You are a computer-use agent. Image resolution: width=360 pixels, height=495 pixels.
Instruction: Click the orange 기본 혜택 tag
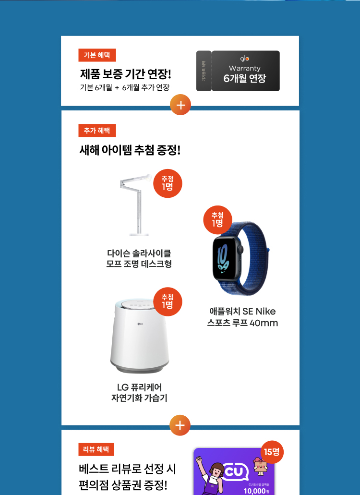tap(97, 55)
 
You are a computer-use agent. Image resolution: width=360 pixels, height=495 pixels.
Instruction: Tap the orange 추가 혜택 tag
tap(97, 131)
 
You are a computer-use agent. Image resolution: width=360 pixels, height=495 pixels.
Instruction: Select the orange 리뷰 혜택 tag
tap(96, 449)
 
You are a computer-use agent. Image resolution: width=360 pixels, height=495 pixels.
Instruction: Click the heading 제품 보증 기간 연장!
tap(125, 74)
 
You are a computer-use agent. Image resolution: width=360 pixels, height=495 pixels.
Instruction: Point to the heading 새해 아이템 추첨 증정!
tap(130, 150)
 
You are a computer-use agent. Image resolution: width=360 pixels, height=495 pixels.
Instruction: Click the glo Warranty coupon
tap(238, 71)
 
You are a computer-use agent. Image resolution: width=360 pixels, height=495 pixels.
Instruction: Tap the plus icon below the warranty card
tap(180, 106)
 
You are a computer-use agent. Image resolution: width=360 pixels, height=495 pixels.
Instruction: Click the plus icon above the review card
tap(180, 425)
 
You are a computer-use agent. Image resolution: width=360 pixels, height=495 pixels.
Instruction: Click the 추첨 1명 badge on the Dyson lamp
tap(168, 183)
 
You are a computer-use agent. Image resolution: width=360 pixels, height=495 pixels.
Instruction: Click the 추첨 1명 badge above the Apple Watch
tap(217, 219)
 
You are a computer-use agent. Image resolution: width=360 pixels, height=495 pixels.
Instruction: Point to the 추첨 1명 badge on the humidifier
tap(168, 302)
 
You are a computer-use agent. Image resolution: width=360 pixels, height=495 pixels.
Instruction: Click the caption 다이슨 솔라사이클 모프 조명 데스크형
tap(139, 258)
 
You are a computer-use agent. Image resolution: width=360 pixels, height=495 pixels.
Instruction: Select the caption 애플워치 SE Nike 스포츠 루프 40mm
tap(242, 317)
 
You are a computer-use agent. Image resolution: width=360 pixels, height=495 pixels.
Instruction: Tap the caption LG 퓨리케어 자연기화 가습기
tap(139, 392)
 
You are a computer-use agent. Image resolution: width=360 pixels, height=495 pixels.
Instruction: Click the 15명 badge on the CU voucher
tap(272, 452)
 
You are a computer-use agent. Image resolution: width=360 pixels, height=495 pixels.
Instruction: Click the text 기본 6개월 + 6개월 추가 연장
tap(124, 87)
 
